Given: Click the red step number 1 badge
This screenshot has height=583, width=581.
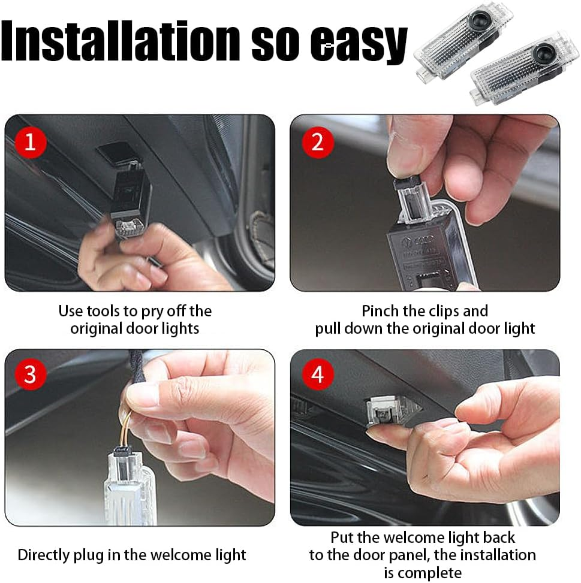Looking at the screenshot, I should (x=30, y=143).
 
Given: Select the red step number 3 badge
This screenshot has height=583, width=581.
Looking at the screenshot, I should (x=30, y=375).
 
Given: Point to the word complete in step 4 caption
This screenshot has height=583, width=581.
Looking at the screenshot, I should (x=430, y=572).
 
